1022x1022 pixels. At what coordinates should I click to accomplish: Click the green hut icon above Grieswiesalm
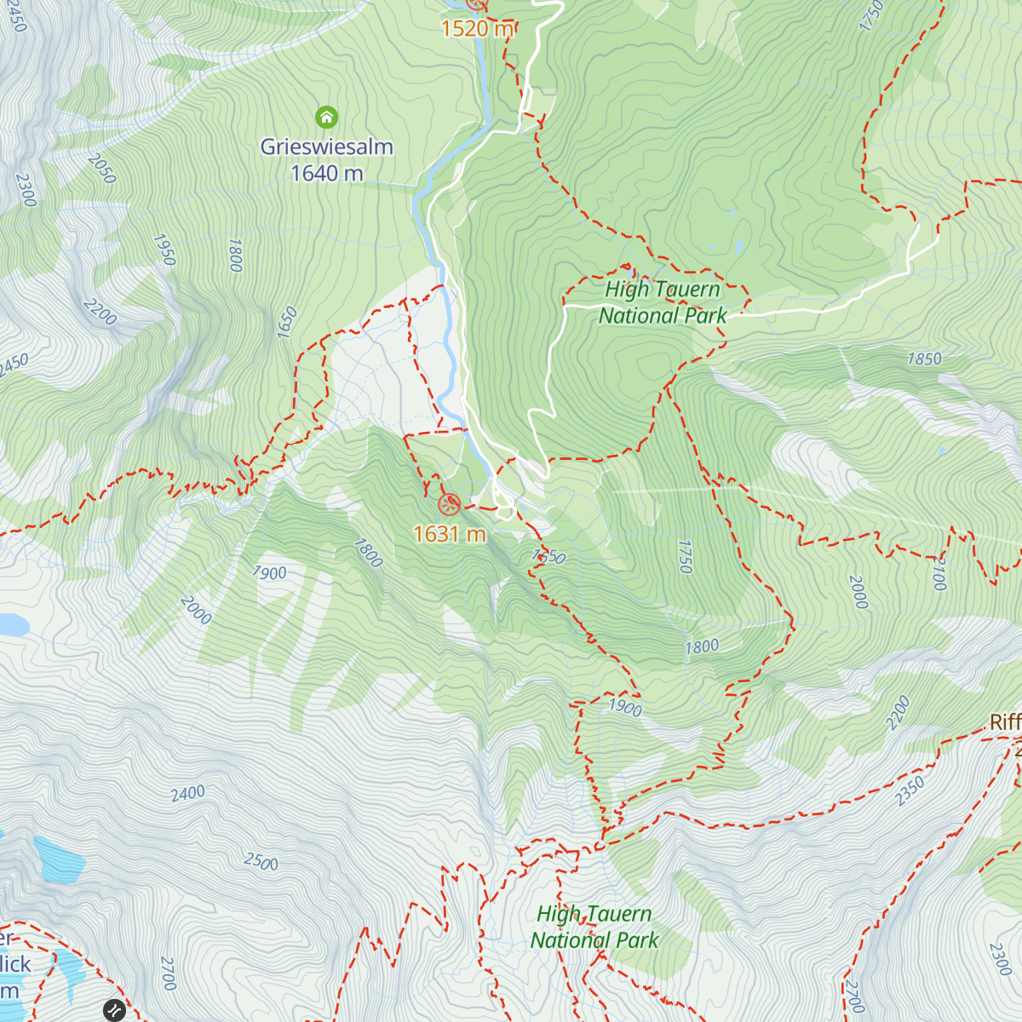tap(326, 117)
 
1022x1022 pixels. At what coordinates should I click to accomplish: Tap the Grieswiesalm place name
tap(326, 146)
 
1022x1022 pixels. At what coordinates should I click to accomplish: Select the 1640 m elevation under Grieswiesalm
tap(326, 174)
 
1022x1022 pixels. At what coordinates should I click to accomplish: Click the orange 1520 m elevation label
tap(477, 29)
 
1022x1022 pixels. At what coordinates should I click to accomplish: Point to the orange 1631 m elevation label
tap(449, 534)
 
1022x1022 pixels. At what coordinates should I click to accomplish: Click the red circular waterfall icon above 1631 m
tap(449, 505)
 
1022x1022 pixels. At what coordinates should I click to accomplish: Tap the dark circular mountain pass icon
tap(114, 1010)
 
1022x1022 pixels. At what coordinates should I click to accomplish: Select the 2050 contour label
tap(101, 169)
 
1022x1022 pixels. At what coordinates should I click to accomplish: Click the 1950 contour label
tap(164, 250)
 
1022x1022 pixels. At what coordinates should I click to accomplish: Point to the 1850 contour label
tap(924, 359)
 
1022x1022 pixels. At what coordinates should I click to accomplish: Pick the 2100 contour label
tap(938, 573)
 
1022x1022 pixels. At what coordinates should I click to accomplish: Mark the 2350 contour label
tap(910, 791)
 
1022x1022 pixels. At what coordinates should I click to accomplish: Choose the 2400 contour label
tap(187, 794)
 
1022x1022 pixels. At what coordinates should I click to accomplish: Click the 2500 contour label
tap(261, 862)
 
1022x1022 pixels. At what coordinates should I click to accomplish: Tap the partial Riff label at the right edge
tap(1005, 722)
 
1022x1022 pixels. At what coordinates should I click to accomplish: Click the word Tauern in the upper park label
tap(688, 290)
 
